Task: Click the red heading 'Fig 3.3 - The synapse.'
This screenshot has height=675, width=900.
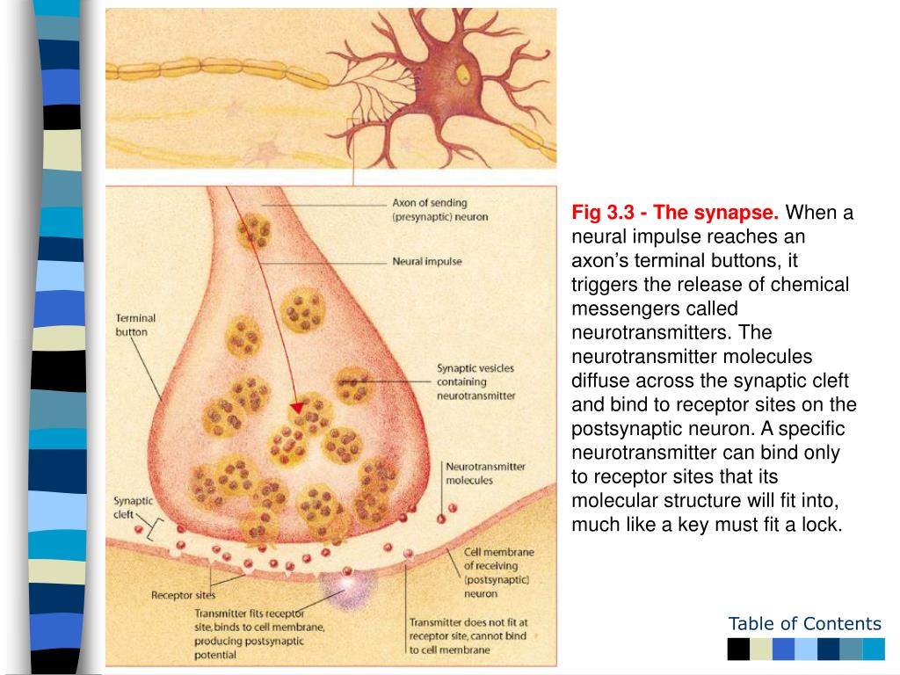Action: pyautogui.click(x=675, y=214)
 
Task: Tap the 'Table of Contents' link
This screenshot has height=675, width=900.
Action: pyautogui.click(x=804, y=624)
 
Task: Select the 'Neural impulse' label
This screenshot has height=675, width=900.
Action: pyautogui.click(x=426, y=261)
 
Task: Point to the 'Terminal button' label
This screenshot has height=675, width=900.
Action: pyautogui.click(x=135, y=325)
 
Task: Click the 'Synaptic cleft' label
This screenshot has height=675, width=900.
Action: pyautogui.click(x=133, y=507)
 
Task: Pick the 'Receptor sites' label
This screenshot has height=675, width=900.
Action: pyautogui.click(x=183, y=595)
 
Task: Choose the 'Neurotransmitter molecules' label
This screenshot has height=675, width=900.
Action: pyautogui.click(x=485, y=473)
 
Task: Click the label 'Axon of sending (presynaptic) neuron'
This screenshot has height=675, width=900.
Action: pyautogui.click(x=439, y=209)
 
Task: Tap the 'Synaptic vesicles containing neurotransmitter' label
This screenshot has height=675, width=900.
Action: pyautogui.click(x=475, y=381)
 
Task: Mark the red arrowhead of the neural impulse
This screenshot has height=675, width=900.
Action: pyautogui.click(x=298, y=407)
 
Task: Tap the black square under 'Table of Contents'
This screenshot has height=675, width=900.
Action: pyautogui.click(x=738, y=650)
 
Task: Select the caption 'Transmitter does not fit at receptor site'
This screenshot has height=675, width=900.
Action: pyautogui.click(x=468, y=629)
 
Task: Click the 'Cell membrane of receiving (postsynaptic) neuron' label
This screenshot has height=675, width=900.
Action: pyautogui.click(x=497, y=572)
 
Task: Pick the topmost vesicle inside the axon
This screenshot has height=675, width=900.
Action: pyautogui.click(x=253, y=231)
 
